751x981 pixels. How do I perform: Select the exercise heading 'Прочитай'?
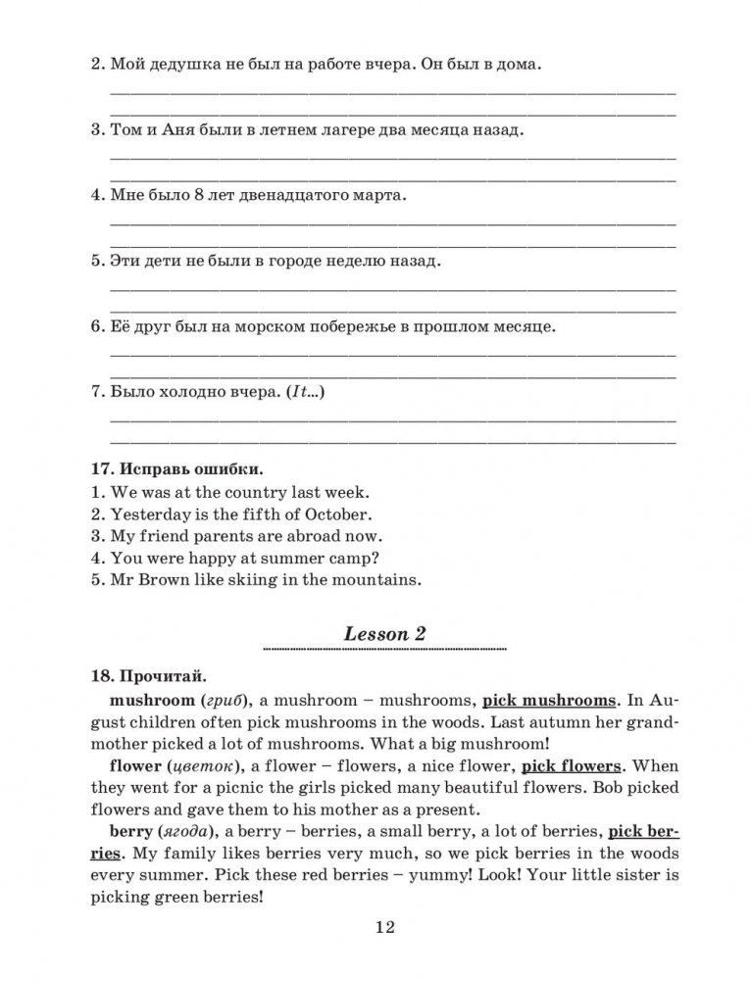(x=161, y=676)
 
